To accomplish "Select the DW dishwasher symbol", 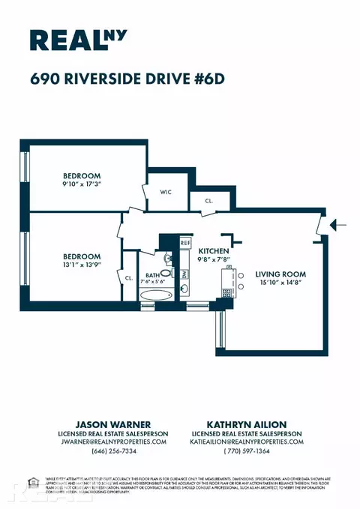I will [185, 274].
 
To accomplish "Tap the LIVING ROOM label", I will [278, 274].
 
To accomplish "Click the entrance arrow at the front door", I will [337, 223].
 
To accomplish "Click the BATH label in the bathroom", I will [152, 274].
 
